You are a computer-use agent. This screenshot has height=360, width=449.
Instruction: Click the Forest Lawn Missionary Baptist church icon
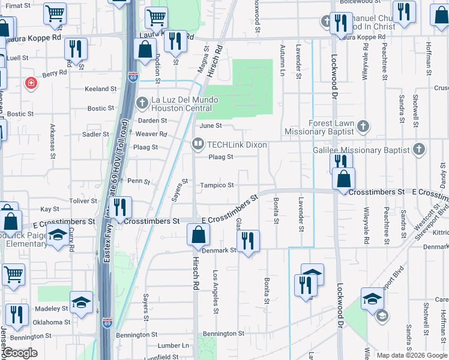pyautogui.click(x=363, y=127)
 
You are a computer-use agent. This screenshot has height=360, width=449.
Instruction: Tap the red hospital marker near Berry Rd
pyautogui.click(x=30, y=83)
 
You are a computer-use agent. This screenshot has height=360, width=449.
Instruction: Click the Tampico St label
pyautogui.click(x=217, y=185)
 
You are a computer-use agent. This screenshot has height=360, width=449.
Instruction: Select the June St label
pyautogui.click(x=211, y=126)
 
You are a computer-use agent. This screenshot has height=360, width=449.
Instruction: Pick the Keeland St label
pyautogui.click(x=100, y=89)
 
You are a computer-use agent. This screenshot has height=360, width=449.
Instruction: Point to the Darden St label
pyautogui.click(x=152, y=121)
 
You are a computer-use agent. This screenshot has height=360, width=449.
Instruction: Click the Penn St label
pyautogui.click(x=138, y=181)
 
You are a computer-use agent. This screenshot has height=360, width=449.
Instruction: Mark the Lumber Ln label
pyautogui.click(x=173, y=346)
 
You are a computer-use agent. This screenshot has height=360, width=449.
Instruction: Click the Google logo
pyautogui.click(x=20, y=353)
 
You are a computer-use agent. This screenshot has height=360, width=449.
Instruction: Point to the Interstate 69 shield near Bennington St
pyautogui.click(x=107, y=322)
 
